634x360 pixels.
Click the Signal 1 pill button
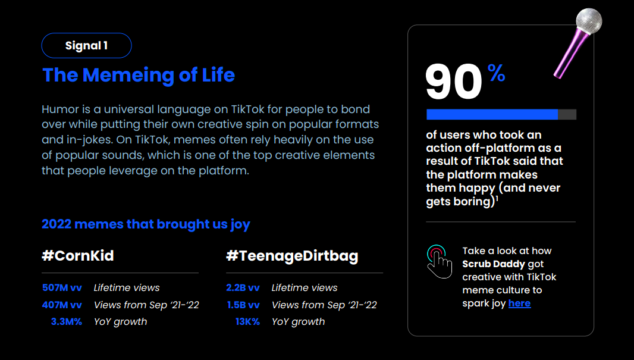click(86, 45)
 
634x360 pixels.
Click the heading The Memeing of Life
click(139, 76)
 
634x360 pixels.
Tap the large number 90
click(454, 82)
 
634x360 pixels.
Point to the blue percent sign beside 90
click(496, 73)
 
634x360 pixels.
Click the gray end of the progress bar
click(567, 114)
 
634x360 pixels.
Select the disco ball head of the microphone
click(589, 21)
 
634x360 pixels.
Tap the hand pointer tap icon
click(439, 261)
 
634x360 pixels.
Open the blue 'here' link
click(519, 303)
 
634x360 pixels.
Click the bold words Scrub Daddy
click(493, 264)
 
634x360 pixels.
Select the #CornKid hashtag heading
click(78, 256)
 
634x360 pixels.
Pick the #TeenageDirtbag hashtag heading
click(292, 256)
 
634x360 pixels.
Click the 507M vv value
click(62, 287)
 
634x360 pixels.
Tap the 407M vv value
click(62, 305)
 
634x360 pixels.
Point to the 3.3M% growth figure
click(66, 322)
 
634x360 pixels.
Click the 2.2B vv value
click(243, 287)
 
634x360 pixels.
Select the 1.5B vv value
click(243, 305)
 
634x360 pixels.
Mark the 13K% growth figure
click(247, 322)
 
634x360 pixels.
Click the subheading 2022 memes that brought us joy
click(146, 224)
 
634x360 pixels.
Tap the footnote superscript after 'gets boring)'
click(497, 198)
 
